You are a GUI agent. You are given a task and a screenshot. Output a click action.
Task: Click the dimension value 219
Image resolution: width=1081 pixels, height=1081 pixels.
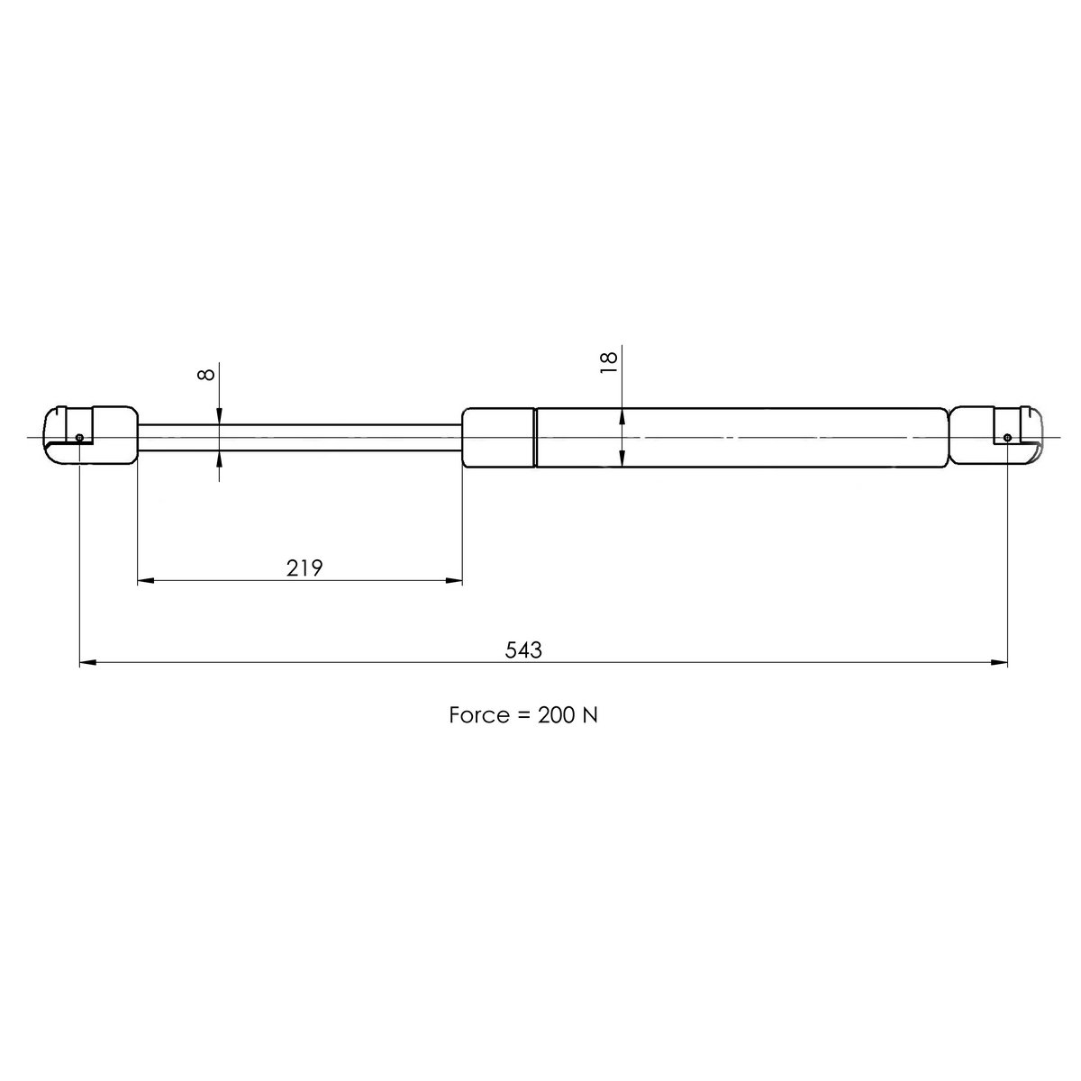tap(304, 568)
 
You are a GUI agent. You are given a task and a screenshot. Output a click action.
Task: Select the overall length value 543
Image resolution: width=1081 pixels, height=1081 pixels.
tap(523, 649)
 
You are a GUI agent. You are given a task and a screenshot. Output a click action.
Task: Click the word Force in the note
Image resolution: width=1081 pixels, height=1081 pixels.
tap(478, 715)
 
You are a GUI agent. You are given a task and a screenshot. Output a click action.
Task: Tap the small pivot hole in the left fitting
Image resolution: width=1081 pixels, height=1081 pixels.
tap(80, 438)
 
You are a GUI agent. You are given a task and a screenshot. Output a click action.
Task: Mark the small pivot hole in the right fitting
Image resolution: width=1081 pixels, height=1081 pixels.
tap(1007, 438)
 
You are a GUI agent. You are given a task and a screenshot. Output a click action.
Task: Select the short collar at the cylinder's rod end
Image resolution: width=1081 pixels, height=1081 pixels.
tap(498, 437)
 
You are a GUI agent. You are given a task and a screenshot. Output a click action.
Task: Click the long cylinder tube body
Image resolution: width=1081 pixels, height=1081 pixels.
tap(739, 437)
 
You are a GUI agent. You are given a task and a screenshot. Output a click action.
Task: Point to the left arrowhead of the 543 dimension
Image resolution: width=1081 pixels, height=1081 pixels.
tap(87, 664)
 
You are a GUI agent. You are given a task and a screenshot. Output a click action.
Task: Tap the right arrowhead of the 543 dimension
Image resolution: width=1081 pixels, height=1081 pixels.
tap(1000, 664)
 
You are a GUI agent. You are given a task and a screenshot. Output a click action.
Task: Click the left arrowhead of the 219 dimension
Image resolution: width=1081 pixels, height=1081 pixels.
tap(144, 582)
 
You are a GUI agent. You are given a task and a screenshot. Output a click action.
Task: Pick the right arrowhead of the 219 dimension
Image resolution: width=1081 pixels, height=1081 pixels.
tap(455, 582)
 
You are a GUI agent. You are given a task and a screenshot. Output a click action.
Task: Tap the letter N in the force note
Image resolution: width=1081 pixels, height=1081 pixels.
tap(591, 715)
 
